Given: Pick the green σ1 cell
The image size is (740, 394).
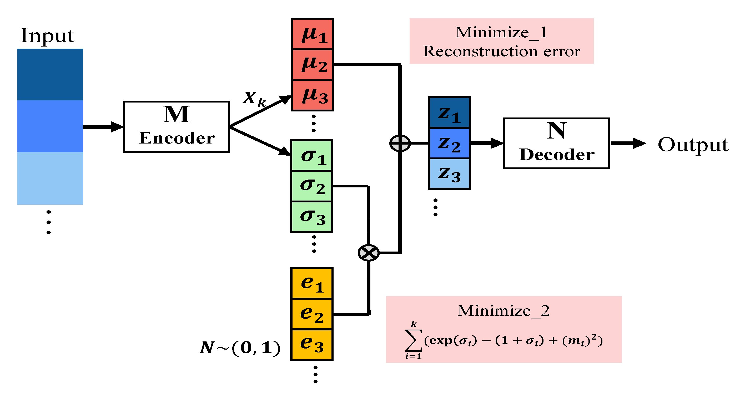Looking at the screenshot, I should [x=312, y=156].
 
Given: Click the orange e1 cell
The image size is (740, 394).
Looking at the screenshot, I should [x=312, y=284].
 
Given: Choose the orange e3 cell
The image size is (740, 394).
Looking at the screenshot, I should [x=312, y=345].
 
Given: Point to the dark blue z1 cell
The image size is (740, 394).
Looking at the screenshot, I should [x=449, y=113].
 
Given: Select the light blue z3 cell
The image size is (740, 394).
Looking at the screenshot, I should [x=449, y=174].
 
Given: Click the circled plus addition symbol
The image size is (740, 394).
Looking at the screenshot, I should [x=400, y=143].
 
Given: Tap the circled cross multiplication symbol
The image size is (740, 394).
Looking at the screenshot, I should [x=369, y=253].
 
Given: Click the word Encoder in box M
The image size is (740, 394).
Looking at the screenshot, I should [x=177, y=138].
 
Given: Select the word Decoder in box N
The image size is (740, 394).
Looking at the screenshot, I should [x=556, y=155].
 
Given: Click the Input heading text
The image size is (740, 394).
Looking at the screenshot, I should [x=47, y=35].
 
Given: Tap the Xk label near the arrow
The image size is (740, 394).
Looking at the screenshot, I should [x=254, y=98].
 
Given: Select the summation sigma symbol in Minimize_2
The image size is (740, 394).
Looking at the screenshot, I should [x=413, y=340].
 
